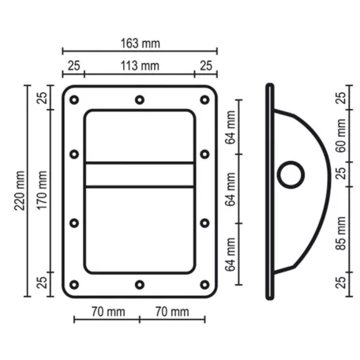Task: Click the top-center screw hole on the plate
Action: coord(139,100)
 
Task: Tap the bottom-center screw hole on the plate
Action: coord(139,284)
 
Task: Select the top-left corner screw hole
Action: coord(74,100)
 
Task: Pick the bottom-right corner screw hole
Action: coord(204,284)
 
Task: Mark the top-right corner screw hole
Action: coord(204,100)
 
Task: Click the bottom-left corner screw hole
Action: coord(74,284)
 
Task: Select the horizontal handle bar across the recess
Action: coord(139,174)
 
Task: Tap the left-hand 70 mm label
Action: coord(106,312)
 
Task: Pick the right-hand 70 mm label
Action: coord(171,312)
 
